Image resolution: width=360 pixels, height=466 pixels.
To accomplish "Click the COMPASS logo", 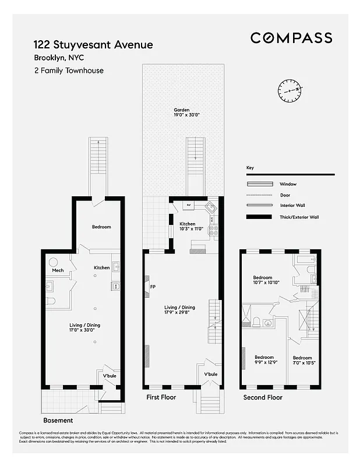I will pos(291,38).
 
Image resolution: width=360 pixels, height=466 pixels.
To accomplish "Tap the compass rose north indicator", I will pos(291,90).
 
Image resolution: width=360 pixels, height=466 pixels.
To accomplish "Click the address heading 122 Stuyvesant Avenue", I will pos(93,45).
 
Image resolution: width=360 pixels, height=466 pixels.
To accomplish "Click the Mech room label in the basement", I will pos(58,270).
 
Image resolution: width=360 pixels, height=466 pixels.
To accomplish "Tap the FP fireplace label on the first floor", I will pos(153,287).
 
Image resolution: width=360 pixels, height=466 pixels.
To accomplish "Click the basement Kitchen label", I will pos(102,267).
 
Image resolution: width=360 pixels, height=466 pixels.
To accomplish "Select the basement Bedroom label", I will pos(101,227).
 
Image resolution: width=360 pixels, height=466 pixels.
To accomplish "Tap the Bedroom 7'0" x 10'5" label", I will pos(302,361).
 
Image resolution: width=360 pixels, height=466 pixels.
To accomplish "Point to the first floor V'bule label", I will pos(210,373).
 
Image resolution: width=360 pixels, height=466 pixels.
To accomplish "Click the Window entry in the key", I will pos(288,184).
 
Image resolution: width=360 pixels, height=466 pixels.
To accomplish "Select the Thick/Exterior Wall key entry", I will pos(299,217).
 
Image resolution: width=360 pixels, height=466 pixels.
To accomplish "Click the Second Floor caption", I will pos(263,397).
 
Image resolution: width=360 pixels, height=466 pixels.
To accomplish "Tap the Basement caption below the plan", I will pos(58,420).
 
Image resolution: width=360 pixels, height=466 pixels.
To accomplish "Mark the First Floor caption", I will pos(161,397).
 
